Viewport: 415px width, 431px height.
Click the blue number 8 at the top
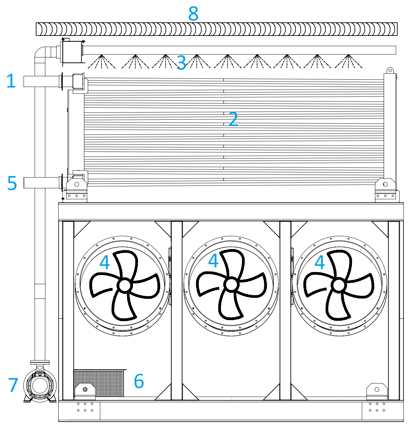(x=193, y=14)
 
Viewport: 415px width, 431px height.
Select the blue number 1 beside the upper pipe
(x=11, y=81)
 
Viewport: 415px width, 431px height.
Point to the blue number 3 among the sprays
(x=181, y=63)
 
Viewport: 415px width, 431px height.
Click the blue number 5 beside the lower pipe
(x=12, y=183)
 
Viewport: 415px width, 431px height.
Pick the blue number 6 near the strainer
(x=139, y=381)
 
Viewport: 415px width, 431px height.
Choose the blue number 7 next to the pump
(x=13, y=385)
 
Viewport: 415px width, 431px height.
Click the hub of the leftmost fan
(x=124, y=285)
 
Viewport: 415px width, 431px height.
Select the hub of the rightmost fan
(x=339, y=285)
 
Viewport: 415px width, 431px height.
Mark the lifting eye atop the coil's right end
(x=390, y=70)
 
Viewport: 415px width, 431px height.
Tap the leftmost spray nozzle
(x=101, y=56)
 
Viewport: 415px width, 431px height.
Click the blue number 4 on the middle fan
(x=213, y=261)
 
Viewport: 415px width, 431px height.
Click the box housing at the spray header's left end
(x=71, y=52)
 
